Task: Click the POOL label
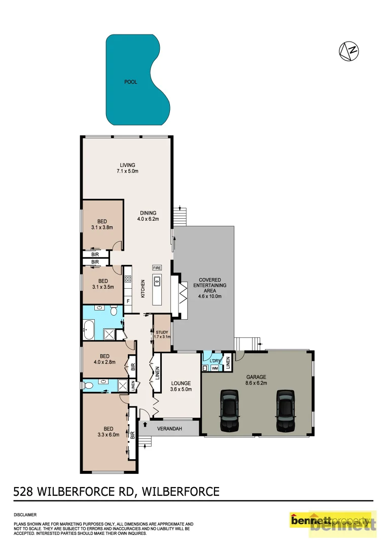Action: coord(131,82)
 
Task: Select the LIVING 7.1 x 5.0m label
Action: coord(127,168)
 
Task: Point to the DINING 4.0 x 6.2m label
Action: coord(148,216)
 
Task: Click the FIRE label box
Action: coord(157,267)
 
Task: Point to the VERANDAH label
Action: coord(169,429)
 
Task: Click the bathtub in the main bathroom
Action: coord(89,330)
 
